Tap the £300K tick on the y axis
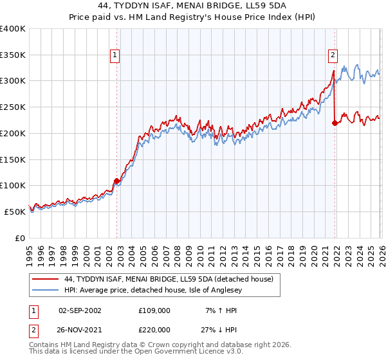(x=13, y=81)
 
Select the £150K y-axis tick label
(x=13, y=159)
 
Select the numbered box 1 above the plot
(x=115, y=56)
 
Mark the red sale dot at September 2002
(x=116, y=181)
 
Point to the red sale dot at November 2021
(x=335, y=123)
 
